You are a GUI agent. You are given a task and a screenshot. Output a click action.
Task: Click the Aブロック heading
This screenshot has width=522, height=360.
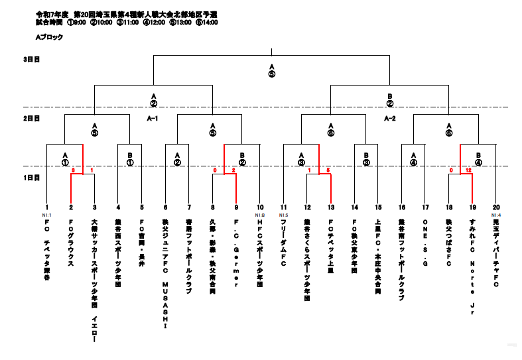pos(49,38)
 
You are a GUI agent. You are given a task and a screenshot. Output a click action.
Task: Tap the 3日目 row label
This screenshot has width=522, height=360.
pos(31,60)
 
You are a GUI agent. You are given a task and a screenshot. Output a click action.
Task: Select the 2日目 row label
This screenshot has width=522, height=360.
pos(31,118)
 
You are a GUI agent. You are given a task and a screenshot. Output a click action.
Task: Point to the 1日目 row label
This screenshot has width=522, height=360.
pos(31,178)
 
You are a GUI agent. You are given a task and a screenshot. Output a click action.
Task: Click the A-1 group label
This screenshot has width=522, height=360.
pos(153,118)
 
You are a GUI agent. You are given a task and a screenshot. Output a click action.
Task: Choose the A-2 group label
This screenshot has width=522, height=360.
pos(390,118)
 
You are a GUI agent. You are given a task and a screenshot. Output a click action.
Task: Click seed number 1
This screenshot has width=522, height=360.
pos(47,208)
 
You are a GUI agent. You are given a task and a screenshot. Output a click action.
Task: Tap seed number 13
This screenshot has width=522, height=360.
pos(330,208)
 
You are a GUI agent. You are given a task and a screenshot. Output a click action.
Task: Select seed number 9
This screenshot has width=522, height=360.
pos(236,208)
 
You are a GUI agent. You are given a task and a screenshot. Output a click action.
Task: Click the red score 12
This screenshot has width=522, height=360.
pos(468,170)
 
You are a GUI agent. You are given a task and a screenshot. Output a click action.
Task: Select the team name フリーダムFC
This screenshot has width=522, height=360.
pos(283,243)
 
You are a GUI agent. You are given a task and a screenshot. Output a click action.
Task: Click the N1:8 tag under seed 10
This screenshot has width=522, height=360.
pos(260,215)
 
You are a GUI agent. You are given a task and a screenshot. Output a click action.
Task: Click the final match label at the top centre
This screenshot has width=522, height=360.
pos(271,70)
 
